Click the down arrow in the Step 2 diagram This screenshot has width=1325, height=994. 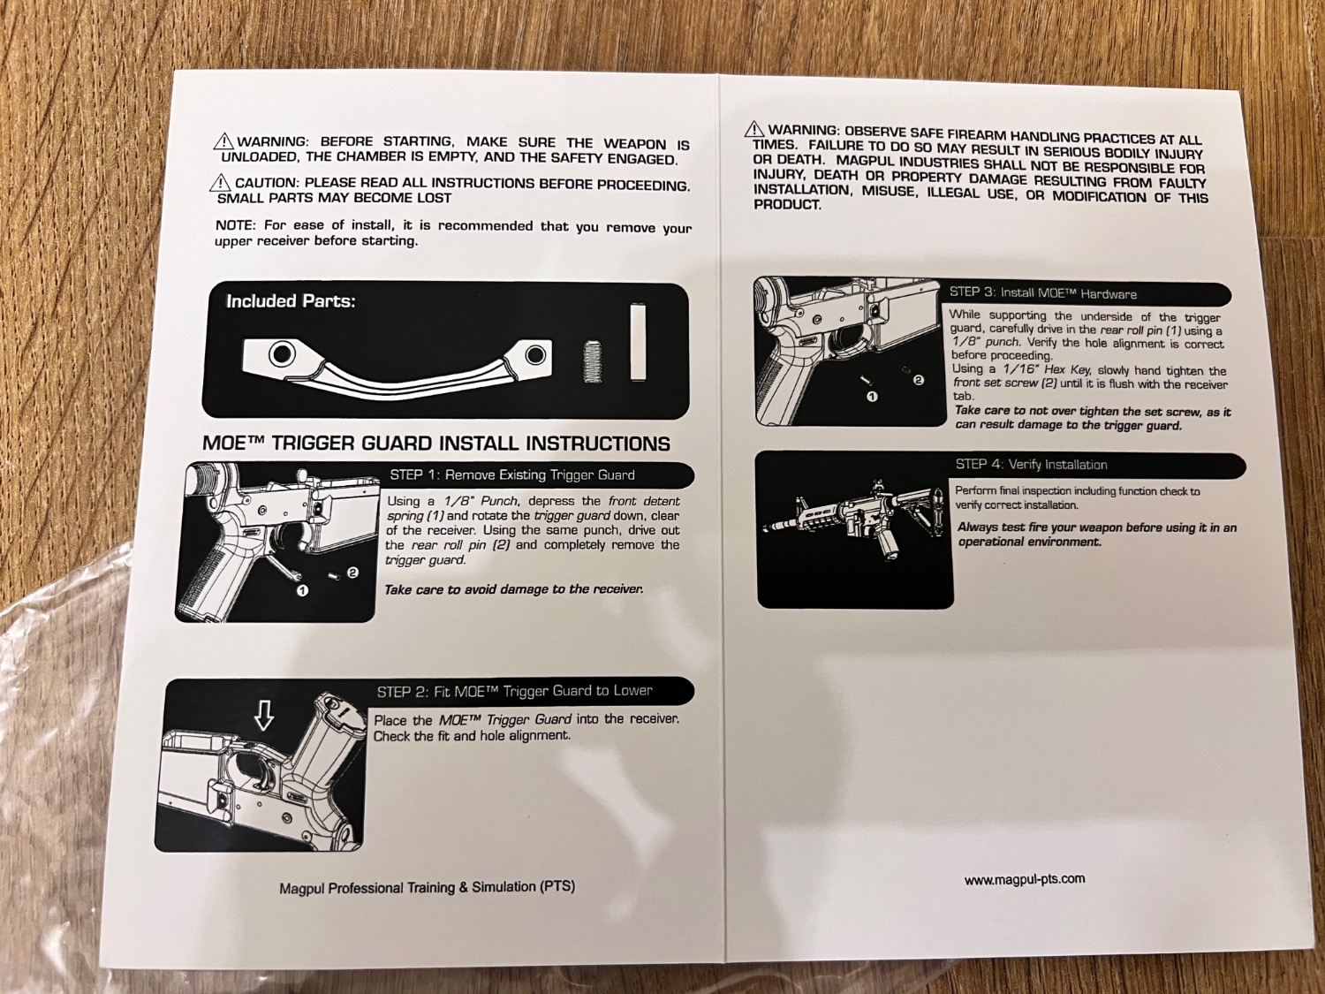(x=264, y=717)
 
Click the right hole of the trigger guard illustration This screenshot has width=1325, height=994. (x=534, y=355)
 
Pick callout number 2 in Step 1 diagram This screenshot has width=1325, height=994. (x=353, y=573)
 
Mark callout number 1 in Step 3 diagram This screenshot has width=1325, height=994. (x=872, y=397)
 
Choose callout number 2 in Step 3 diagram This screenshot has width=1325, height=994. (x=918, y=380)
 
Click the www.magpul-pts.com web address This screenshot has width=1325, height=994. (x=1025, y=879)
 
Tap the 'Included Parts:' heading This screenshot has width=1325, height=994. (x=291, y=301)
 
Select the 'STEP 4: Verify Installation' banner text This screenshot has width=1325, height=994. (x=1031, y=464)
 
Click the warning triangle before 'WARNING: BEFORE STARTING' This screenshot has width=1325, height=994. (x=223, y=142)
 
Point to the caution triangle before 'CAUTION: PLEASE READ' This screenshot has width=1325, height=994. (x=222, y=181)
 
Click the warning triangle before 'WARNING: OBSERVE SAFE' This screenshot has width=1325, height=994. (x=754, y=128)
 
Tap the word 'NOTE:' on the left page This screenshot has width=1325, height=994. (x=236, y=225)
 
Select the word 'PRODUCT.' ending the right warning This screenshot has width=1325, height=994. (x=787, y=205)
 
